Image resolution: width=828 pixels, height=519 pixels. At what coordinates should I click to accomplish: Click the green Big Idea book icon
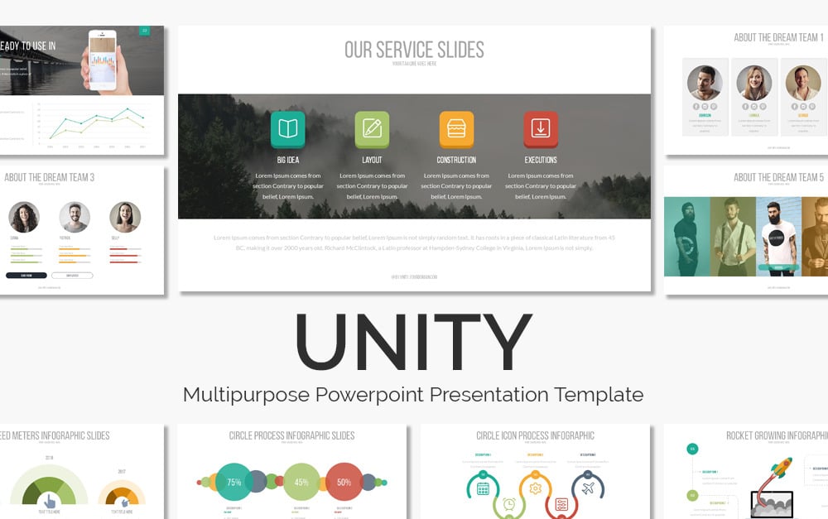tap(287, 128)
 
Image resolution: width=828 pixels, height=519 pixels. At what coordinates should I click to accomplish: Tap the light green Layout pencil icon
tap(372, 128)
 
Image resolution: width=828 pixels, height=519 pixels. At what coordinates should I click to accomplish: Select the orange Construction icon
tap(456, 128)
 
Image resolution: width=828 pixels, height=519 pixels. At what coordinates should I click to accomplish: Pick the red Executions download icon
tap(541, 128)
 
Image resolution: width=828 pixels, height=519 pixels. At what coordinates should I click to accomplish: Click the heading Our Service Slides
tap(414, 49)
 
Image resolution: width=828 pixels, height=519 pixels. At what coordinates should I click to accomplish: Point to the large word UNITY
tap(413, 342)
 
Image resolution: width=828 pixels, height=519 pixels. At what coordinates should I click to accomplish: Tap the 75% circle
tap(234, 482)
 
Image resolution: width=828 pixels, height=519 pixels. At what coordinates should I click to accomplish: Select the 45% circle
tap(302, 482)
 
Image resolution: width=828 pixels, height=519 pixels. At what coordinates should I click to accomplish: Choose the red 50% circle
tap(344, 482)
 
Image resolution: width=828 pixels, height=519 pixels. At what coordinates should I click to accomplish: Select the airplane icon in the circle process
tap(588, 488)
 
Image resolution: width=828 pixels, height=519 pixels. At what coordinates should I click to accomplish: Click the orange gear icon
tap(535, 488)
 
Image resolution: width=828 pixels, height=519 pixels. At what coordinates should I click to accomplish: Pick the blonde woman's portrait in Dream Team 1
tap(753, 83)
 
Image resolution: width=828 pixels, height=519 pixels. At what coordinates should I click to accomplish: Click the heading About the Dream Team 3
tap(49, 177)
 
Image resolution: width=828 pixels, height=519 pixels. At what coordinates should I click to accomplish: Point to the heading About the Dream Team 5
tap(778, 177)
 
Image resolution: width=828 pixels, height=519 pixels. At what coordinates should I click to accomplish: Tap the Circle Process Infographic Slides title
tap(291, 435)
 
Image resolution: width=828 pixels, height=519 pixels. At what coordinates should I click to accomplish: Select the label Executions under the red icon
tap(541, 160)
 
